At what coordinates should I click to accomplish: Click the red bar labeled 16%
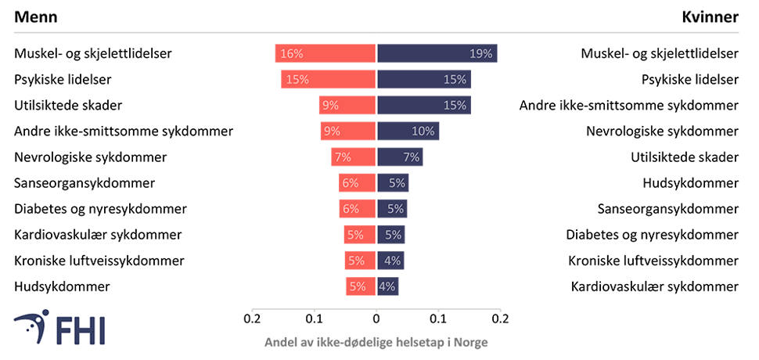point(324,54)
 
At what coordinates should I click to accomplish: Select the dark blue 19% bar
point(437,54)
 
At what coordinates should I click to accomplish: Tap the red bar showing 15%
point(327,79)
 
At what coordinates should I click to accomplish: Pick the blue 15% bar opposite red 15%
point(425,79)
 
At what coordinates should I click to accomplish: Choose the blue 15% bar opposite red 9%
point(425,105)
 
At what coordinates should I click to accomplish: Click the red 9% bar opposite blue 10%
point(347,131)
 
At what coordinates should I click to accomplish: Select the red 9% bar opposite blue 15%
point(346,105)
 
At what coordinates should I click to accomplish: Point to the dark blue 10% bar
point(408,131)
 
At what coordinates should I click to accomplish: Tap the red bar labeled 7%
point(352,157)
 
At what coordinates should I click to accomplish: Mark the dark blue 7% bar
point(400,157)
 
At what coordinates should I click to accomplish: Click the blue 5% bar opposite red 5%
point(391,235)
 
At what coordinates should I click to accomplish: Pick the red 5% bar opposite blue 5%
point(358,235)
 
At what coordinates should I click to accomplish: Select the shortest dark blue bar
point(388,286)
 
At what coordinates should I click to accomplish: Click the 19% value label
point(481,54)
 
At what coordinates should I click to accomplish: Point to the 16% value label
point(291,54)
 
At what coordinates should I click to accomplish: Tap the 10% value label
point(423,131)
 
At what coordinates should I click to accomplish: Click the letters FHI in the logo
point(82,329)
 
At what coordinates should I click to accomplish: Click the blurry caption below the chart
point(376,342)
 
